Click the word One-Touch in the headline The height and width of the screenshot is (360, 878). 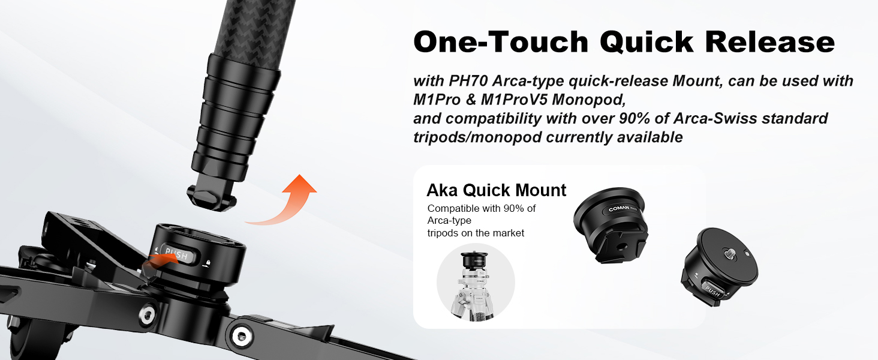(x=501, y=41)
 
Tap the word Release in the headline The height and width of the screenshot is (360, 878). (x=770, y=41)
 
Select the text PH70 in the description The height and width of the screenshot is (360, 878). (x=468, y=81)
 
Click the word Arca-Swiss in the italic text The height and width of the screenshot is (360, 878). (x=715, y=118)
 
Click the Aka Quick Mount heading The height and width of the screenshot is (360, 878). (x=496, y=190)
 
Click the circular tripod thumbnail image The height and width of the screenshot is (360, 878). (x=476, y=283)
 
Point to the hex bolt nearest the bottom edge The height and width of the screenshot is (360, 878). (x=239, y=335)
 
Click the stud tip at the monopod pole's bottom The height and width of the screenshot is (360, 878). (x=212, y=198)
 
